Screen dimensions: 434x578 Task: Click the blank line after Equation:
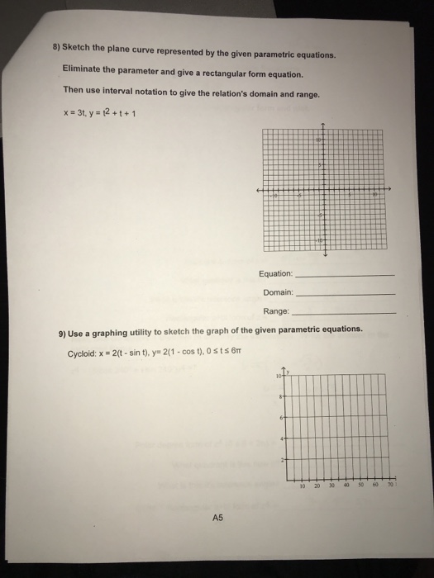(x=345, y=275)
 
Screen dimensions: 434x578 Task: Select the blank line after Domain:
(x=345, y=294)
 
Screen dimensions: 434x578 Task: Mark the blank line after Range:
(x=345, y=314)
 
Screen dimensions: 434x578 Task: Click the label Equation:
(x=275, y=273)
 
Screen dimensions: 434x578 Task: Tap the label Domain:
(x=278, y=292)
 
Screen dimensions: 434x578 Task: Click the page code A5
(x=217, y=518)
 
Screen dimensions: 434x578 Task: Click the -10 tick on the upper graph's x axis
(x=277, y=197)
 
